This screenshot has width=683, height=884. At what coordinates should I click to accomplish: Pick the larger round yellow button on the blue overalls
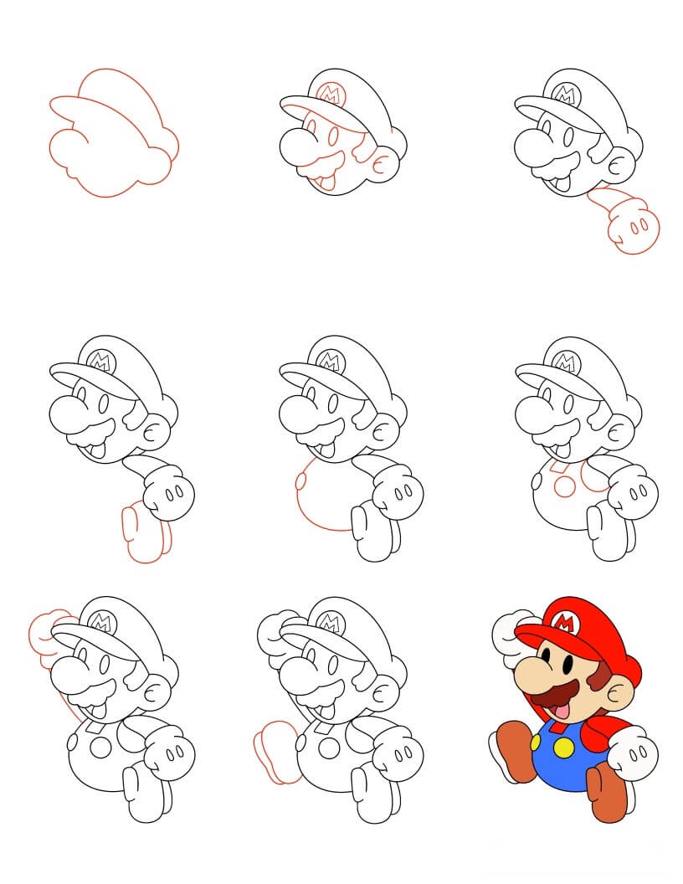click(567, 747)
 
